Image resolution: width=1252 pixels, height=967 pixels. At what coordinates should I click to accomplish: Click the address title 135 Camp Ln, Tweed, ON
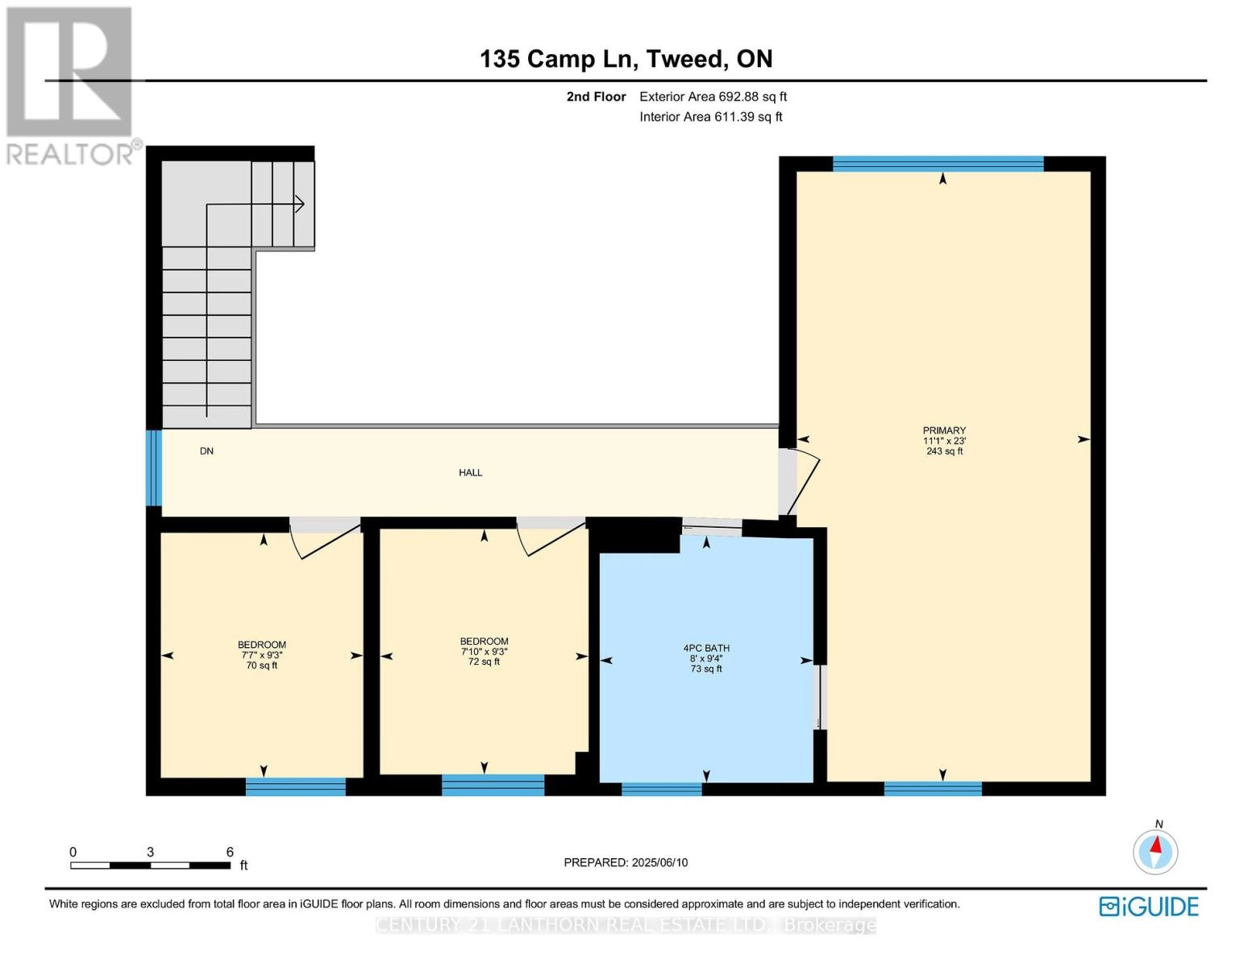point(626,59)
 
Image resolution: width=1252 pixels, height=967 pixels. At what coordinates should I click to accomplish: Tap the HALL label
point(471,473)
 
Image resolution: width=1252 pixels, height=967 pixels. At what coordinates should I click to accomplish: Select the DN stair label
point(206,451)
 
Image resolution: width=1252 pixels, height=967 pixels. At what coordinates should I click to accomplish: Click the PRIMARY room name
point(944,430)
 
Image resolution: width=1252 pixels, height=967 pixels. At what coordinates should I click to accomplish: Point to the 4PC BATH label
point(706,648)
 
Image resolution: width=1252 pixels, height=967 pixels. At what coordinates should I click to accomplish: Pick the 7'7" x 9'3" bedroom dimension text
point(262,655)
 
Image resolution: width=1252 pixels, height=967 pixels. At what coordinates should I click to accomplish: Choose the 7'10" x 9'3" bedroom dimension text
point(484,652)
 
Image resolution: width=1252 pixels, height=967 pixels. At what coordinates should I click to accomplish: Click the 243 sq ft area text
point(944,451)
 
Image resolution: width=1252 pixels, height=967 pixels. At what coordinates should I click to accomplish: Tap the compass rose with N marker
point(1155,851)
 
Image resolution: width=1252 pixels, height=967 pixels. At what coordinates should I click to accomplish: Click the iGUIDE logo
point(1149,907)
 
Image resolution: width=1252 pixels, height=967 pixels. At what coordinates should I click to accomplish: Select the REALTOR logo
point(71,85)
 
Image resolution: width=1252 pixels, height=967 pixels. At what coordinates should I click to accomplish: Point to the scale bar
point(150,865)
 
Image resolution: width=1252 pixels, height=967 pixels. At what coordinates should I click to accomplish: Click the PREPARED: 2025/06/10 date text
point(626,862)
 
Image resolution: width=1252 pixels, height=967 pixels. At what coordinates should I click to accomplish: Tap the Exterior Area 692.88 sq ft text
point(713,97)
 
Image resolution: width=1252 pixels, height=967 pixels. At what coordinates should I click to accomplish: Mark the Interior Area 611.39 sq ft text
point(710,117)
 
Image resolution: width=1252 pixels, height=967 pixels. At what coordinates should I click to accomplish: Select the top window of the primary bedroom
point(938,164)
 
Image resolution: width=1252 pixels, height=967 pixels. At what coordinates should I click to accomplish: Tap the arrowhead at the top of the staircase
point(299,205)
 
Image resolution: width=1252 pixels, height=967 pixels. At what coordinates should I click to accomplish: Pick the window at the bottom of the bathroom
point(662,789)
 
